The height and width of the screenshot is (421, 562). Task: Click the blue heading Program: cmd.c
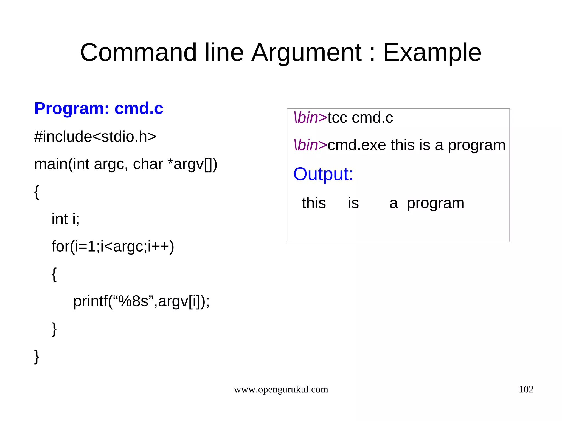pyautogui.click(x=99, y=108)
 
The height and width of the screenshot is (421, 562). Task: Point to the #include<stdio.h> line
pyautogui.click(x=95, y=137)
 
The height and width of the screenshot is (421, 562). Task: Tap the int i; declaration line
pyautogui.click(x=66, y=219)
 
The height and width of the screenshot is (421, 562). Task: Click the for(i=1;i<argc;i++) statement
pyautogui.click(x=113, y=246)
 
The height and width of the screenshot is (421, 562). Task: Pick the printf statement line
pyautogui.click(x=141, y=301)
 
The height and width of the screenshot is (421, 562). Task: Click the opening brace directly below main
pyautogui.click(x=36, y=192)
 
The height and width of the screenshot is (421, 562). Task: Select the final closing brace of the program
pyautogui.click(x=36, y=356)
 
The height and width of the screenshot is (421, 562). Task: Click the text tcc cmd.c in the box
pyautogui.click(x=360, y=118)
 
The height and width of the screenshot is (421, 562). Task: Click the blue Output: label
pyautogui.click(x=323, y=174)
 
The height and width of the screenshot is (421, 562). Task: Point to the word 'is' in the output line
pyautogui.click(x=353, y=203)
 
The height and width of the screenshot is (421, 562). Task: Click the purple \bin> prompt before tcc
pyautogui.click(x=310, y=118)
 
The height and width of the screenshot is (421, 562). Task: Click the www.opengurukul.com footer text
pyautogui.click(x=281, y=389)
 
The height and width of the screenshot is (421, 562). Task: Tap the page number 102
pyautogui.click(x=526, y=389)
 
